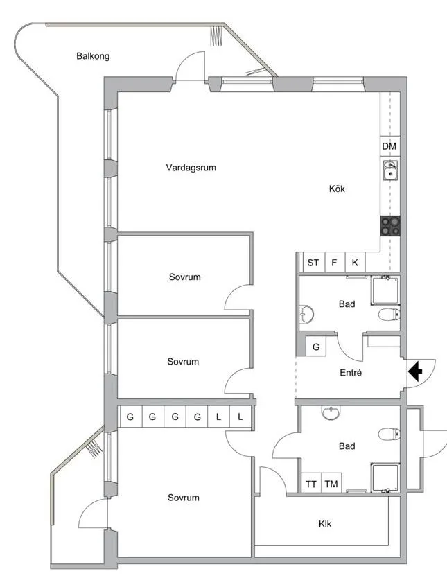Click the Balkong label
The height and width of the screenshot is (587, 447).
(93, 56)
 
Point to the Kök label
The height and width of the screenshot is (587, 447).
(337, 189)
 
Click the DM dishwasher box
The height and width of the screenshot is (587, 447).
(389, 146)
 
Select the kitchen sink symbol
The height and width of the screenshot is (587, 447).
(390, 170)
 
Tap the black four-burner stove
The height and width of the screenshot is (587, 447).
(390, 225)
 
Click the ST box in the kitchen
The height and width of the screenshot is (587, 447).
(313, 263)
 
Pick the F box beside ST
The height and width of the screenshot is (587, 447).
(334, 263)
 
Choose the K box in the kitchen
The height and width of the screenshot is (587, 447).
(355, 263)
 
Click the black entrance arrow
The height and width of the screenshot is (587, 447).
(415, 372)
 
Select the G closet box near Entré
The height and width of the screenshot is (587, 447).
(316, 347)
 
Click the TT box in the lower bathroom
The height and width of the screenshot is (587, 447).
(311, 484)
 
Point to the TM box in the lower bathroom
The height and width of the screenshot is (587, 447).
(331, 484)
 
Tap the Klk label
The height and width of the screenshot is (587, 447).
(325, 524)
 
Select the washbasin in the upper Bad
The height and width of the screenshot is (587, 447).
(307, 315)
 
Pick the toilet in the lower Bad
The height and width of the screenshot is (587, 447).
(390, 435)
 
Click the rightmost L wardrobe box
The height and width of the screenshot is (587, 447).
(240, 417)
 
